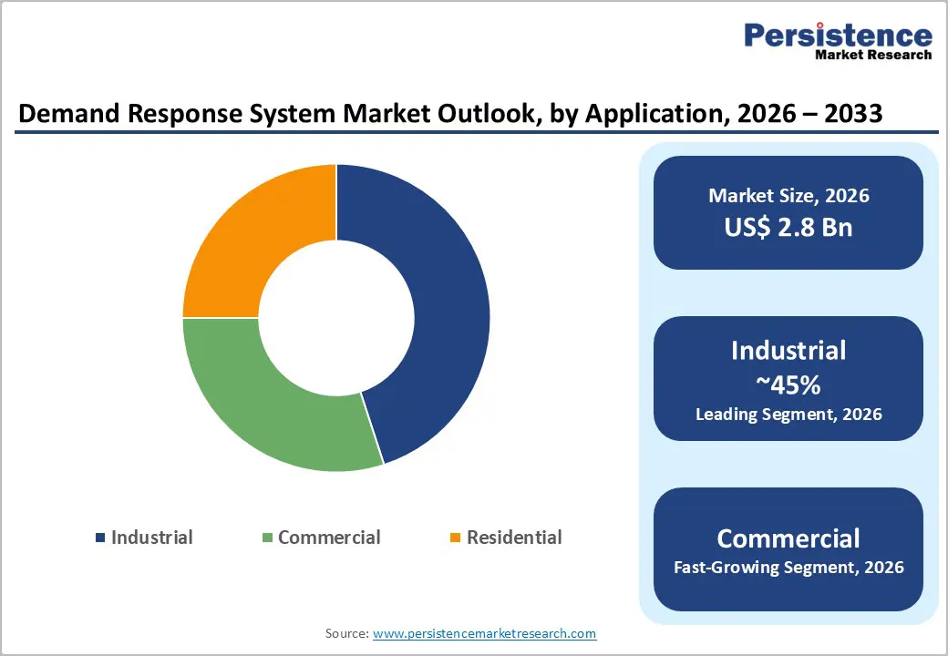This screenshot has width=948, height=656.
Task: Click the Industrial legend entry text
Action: [x=151, y=538]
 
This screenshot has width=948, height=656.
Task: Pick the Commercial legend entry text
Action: [x=329, y=538]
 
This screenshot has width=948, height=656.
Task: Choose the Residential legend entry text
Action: [x=514, y=538]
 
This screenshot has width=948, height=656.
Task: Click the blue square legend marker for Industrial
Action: [x=100, y=538]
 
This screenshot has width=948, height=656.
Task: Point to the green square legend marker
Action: [x=267, y=538]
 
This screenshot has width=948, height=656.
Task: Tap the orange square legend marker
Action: [x=456, y=538]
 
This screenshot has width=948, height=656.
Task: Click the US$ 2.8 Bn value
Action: [x=788, y=227]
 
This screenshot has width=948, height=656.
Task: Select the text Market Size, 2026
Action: [x=788, y=196]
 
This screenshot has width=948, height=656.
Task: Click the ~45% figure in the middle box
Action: [x=788, y=384]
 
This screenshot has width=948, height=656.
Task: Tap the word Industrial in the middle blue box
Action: [x=788, y=351]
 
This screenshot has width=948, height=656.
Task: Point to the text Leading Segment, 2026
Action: [x=788, y=415]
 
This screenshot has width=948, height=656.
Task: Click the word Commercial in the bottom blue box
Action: [x=788, y=538]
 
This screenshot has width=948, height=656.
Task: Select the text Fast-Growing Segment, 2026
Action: [x=788, y=568]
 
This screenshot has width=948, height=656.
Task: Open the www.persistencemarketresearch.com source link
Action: [x=484, y=632]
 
